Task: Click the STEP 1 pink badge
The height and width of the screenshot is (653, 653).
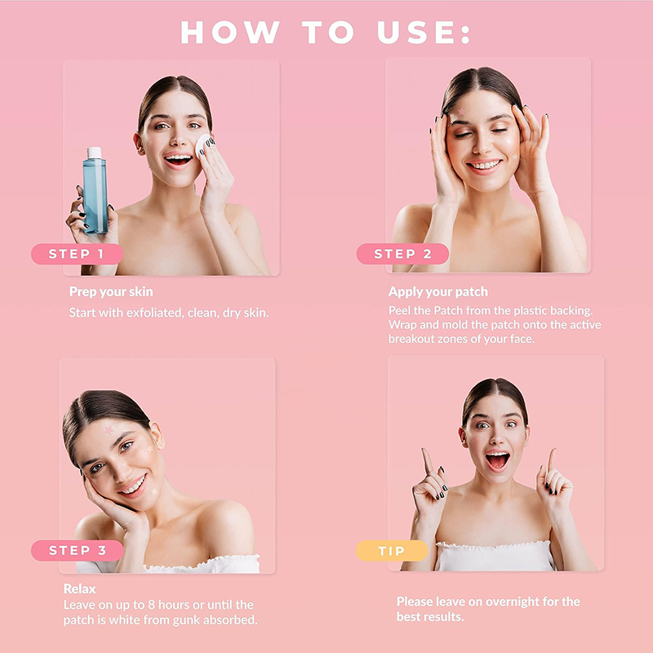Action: pyautogui.click(x=77, y=254)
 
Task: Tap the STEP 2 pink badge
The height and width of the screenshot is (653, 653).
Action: pyautogui.click(x=402, y=254)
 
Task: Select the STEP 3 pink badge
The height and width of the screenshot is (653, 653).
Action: pyautogui.click(x=77, y=550)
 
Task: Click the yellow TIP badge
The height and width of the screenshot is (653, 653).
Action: pyautogui.click(x=392, y=550)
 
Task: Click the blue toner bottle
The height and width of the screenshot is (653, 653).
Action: pyautogui.click(x=95, y=191)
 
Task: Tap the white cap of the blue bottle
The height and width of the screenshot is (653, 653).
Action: pyautogui.click(x=94, y=153)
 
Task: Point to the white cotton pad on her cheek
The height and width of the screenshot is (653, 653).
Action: pyautogui.click(x=204, y=146)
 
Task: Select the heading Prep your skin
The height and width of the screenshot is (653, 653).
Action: pyautogui.click(x=111, y=291)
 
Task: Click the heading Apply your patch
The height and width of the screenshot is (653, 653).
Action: pyautogui.click(x=438, y=291)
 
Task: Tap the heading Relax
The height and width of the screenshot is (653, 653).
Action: pyautogui.click(x=79, y=589)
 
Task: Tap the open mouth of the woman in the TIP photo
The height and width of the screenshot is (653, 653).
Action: pyautogui.click(x=497, y=460)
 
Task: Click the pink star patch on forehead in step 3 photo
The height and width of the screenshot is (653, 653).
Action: pyautogui.click(x=109, y=430)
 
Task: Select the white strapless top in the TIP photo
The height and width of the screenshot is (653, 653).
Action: pyautogui.click(x=496, y=556)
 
